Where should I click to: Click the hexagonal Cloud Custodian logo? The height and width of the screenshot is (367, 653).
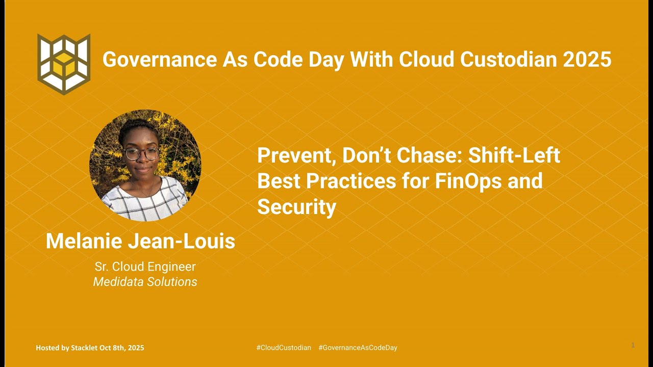64,64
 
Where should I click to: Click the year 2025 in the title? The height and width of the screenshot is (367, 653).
587,60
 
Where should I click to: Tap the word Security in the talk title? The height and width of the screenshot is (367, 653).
296,207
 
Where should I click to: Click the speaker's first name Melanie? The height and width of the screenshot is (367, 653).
83,241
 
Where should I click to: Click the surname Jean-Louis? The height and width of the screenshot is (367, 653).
181,241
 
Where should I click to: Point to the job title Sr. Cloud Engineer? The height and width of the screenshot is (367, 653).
145,267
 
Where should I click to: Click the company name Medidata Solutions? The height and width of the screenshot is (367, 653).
145,282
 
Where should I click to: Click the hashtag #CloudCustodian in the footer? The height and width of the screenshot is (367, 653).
283,348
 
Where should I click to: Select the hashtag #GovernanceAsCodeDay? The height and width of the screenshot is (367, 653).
358,348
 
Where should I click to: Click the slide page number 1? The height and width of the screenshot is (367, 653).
633,345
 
